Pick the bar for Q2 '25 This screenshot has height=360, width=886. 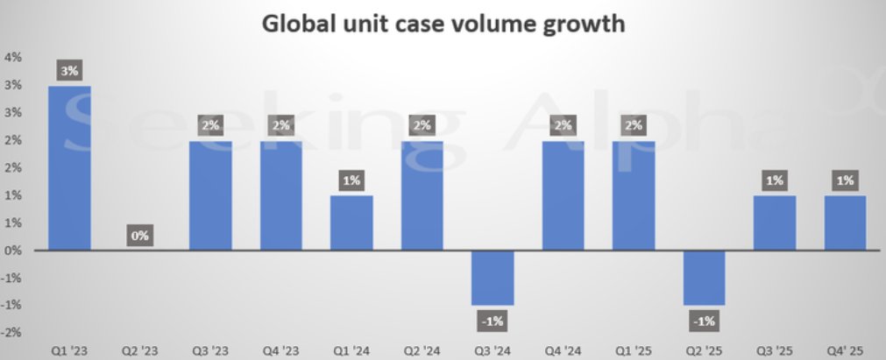coord(704,278)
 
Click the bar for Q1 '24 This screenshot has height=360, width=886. coord(352,222)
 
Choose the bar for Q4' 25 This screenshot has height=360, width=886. coord(844,222)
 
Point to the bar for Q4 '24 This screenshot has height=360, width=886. coord(563,195)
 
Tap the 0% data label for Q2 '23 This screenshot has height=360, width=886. coord(140,236)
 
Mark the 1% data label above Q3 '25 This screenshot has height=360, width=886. coord(775,181)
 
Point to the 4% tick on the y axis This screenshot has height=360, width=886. coord(13,58)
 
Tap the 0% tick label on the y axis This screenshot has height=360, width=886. coord(13,251)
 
